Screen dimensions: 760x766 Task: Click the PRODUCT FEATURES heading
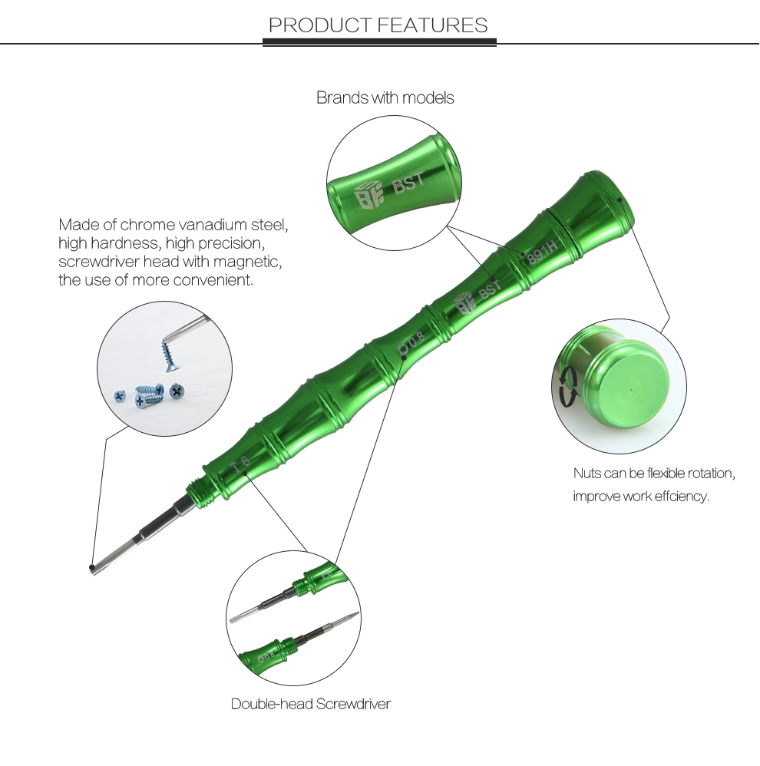[x=378, y=25]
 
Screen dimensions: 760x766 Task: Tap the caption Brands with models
[x=385, y=97]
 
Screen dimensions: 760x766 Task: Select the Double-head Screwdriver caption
[x=311, y=704]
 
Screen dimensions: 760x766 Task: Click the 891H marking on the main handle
[x=541, y=251]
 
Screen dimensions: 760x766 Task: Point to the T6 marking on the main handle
[x=240, y=464]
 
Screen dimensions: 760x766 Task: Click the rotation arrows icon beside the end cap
[x=567, y=386]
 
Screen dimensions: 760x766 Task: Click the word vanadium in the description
[x=213, y=225]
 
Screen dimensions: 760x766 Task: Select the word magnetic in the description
[x=247, y=262]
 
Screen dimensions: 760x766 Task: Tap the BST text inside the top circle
[x=408, y=183]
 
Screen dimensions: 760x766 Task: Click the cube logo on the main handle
[x=464, y=305]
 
